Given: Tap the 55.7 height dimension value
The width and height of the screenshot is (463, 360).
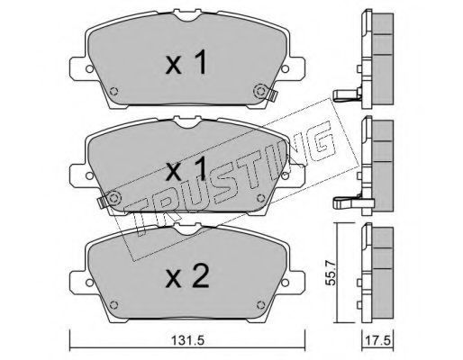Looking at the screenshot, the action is (x=331, y=273).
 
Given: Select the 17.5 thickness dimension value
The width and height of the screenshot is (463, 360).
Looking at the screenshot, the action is (x=377, y=341).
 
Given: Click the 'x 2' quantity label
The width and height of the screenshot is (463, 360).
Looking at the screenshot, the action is (x=186, y=277).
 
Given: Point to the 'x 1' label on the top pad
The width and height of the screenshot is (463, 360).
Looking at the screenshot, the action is (x=186, y=62).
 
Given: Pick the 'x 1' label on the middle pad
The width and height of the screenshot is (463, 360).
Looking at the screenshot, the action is (x=186, y=168).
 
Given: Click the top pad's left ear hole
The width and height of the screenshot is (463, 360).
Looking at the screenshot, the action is (x=89, y=68).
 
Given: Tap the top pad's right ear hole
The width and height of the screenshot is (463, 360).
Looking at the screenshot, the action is (x=285, y=68).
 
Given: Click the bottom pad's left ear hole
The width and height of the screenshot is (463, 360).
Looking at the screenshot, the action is (x=89, y=283).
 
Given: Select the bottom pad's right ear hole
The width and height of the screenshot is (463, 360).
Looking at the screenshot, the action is (x=285, y=283).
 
